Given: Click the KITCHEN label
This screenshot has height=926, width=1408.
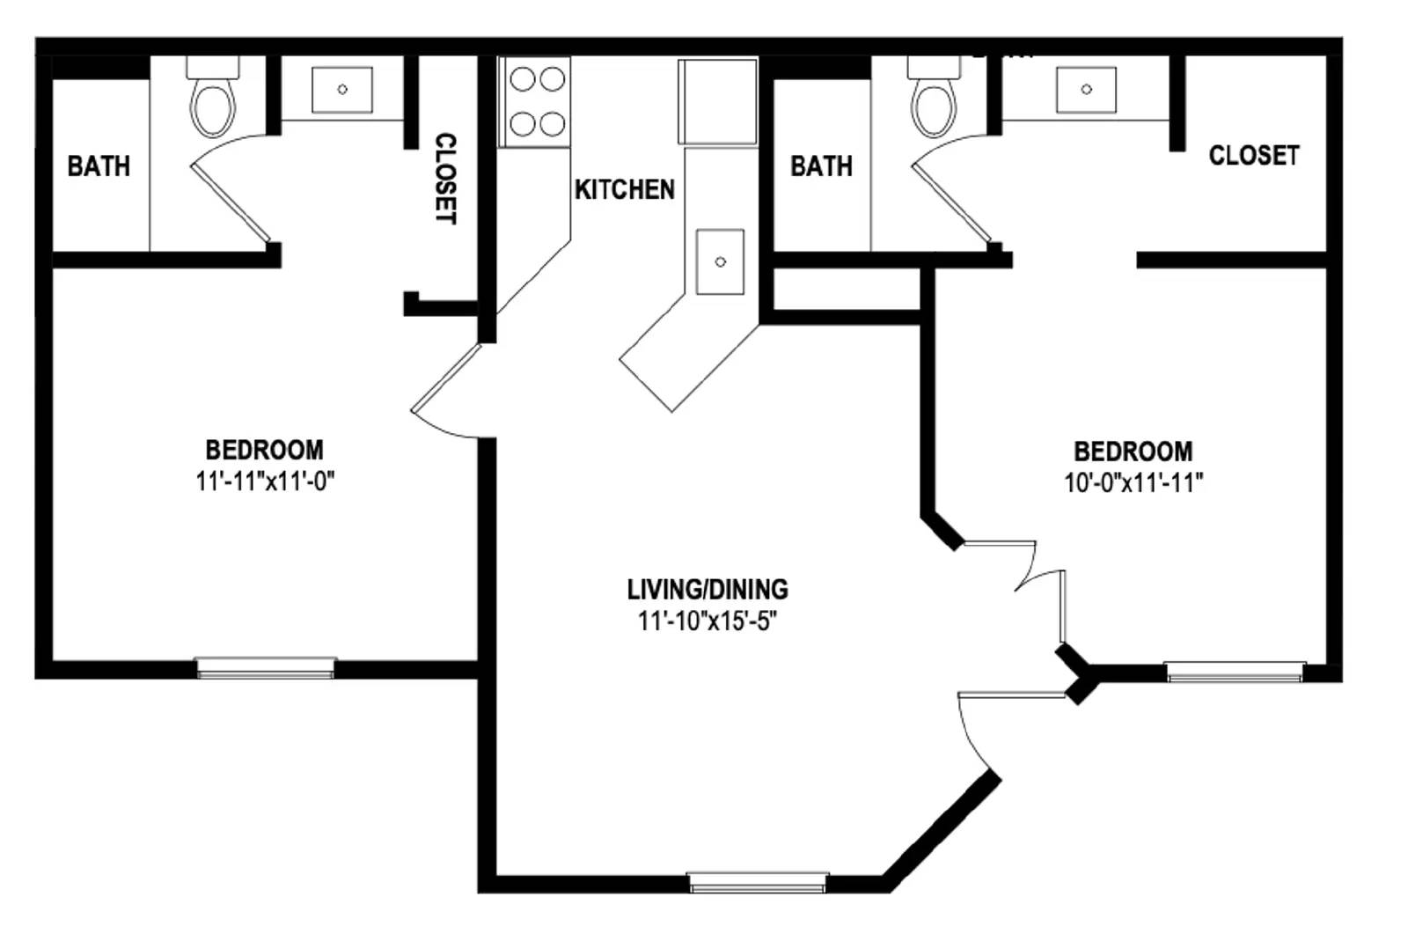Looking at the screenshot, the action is coord(624,189).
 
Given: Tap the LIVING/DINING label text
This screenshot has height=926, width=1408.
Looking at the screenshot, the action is coord(708,589).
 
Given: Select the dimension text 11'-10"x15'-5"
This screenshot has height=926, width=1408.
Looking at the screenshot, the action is coord(708,621).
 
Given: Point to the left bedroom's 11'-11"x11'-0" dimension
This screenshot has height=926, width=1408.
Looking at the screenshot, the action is coord(265,481).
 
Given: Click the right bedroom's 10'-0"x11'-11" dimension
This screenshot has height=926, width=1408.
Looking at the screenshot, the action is coord(1133,482).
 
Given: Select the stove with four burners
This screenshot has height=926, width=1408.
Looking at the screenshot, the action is coord(534,102).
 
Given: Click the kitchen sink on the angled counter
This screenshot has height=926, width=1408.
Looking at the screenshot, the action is coord(721,261).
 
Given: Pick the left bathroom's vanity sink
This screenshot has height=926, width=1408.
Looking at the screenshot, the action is coord(342,90).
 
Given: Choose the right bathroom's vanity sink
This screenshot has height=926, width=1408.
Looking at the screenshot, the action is coord(1086,90).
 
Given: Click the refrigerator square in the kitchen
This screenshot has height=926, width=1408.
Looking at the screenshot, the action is coord(717,101).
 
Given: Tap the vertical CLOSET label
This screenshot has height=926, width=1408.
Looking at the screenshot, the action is coord(445,179).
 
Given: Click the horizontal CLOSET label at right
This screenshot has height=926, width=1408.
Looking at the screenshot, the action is coord(1254,155).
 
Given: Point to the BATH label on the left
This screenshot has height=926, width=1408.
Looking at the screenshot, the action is coord(99,166).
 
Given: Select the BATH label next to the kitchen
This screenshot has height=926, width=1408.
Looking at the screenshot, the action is coord(822,166).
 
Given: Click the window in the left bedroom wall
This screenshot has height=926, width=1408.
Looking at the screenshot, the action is coord(266,667).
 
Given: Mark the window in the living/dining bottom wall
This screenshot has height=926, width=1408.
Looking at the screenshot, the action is coord(758,881).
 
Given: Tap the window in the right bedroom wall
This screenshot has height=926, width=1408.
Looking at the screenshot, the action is coord(1236,672).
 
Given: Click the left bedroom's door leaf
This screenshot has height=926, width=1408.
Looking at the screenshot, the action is coord(445,378).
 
